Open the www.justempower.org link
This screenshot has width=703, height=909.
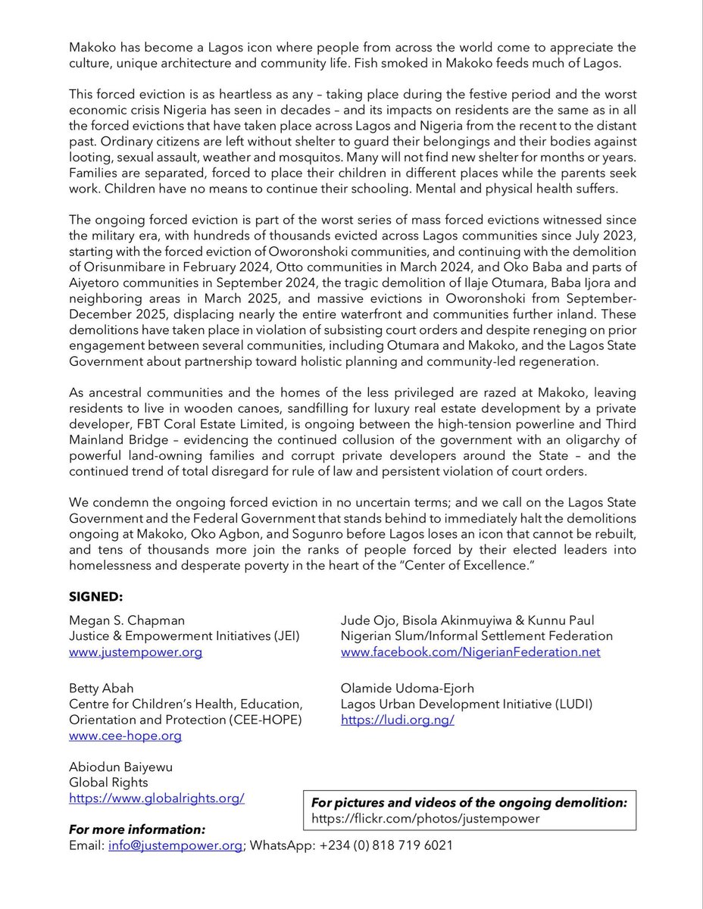(136, 651)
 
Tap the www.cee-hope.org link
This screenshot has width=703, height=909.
(125, 735)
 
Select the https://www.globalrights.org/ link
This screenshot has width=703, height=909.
(156, 798)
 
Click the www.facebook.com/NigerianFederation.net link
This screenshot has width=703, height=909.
(470, 651)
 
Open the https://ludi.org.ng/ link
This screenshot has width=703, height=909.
(397, 720)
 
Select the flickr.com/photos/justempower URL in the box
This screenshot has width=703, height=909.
(426, 818)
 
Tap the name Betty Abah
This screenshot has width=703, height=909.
(101, 688)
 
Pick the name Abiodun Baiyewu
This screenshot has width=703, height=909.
(120, 767)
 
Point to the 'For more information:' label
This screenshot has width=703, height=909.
(136, 829)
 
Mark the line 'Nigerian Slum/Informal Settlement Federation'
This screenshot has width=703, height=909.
(476, 636)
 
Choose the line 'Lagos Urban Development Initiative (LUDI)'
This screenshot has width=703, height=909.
(466, 704)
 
